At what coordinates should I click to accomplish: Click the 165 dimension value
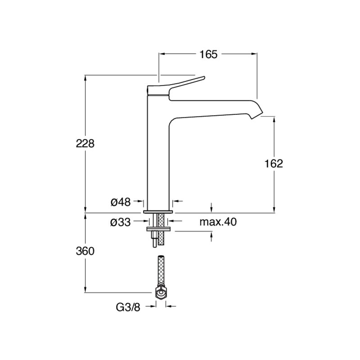pos(208,54)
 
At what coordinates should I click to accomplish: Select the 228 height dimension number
pos(85,144)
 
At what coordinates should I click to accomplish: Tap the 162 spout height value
pos(274,164)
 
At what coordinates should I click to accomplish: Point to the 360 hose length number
pos(85,251)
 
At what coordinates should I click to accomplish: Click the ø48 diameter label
pos(121,202)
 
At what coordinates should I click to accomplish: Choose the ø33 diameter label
pos(121,222)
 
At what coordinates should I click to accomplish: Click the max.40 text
pos(218,222)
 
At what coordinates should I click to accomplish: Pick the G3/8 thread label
pos(128,307)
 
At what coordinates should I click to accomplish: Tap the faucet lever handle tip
pos(203,78)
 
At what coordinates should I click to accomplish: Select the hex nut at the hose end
pos(161,292)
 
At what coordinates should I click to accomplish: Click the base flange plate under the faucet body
pos(158,211)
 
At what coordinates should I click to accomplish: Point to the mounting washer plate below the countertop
pos(158,229)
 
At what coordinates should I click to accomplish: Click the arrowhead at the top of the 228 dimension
pos(85,78)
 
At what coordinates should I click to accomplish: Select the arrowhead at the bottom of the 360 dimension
pos(85,289)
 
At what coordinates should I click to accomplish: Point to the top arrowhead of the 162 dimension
pos(274,119)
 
